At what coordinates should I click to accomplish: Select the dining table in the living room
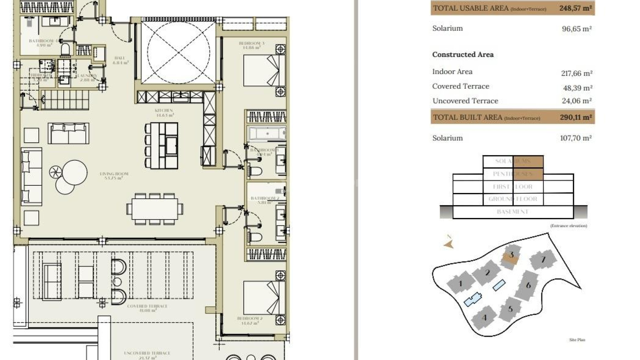[155, 209]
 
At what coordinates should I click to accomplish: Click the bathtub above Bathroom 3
[267, 134]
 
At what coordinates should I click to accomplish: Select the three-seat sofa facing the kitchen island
[68, 133]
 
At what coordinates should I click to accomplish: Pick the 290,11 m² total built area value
[576, 117]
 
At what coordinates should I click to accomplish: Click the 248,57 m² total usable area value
[575, 8]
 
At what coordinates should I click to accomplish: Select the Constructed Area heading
[463, 55]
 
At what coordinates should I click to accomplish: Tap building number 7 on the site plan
[543, 259]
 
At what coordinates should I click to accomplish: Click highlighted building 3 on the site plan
[511, 256]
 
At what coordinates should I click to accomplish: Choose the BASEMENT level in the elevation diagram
[512, 212]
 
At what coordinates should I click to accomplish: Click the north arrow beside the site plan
[449, 244]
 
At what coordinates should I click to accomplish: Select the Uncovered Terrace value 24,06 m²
[577, 101]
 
